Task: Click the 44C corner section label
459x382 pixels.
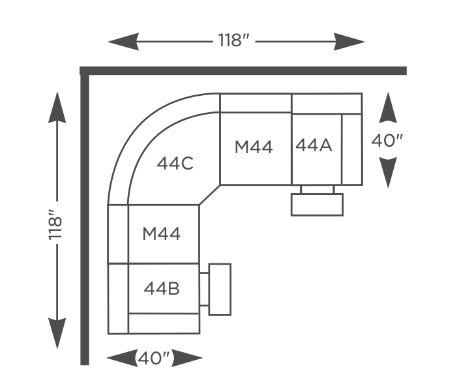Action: [x=175, y=164]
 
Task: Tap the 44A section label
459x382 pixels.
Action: [x=314, y=145]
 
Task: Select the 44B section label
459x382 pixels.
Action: [x=162, y=289]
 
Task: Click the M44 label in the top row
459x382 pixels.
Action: [x=254, y=147]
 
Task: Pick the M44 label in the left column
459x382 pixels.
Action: [x=161, y=234]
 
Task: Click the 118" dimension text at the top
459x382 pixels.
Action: [x=234, y=40]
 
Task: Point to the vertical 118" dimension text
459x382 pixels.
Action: [x=55, y=224]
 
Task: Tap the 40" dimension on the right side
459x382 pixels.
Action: [x=387, y=141]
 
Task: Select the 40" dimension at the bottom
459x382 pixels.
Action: [x=153, y=358]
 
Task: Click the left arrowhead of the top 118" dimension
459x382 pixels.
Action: [x=123, y=42]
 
